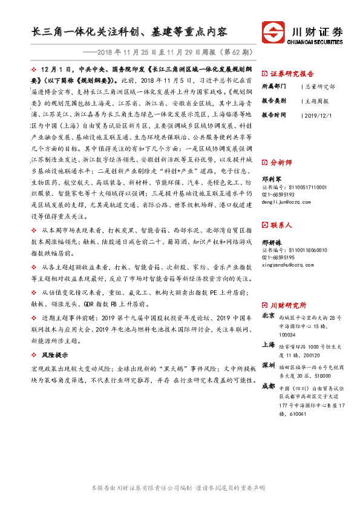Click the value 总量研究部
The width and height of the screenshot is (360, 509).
click(321, 86)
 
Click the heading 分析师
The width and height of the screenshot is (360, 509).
click(281, 163)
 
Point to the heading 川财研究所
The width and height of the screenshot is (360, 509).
click(288, 305)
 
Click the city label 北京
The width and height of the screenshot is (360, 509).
click(269, 316)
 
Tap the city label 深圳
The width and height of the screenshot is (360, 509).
click(269, 366)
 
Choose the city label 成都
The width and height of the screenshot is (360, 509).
click(269, 386)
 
